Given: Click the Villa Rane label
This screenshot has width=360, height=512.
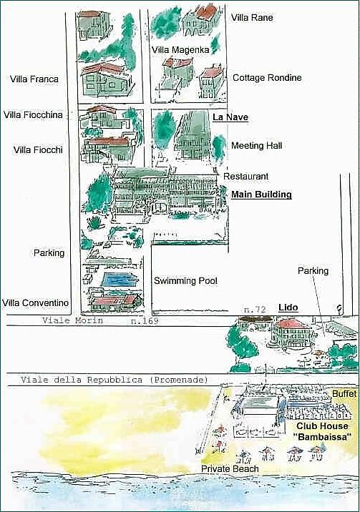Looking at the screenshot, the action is tap(252, 17).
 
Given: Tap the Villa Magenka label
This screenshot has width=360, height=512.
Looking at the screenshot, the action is tap(180, 49).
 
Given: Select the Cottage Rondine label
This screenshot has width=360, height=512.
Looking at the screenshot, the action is tap(267, 78).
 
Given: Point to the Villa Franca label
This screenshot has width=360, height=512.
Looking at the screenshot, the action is tap(34, 79).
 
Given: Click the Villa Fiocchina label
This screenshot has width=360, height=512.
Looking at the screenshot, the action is tap(33, 115).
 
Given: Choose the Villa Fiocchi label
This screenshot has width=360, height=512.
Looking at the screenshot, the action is tap(38, 150).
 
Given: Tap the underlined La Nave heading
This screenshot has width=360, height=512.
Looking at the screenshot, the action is tap(230, 117).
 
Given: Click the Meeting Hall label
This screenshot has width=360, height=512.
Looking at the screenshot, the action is tap(256, 146).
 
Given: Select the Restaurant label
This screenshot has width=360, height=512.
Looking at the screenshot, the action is tap(245, 177).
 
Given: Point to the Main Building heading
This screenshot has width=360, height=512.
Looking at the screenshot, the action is tap(261, 195).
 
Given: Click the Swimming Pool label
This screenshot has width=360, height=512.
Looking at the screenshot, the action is tap(185, 281).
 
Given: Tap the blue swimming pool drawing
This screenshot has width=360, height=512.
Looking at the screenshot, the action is tap(120, 280).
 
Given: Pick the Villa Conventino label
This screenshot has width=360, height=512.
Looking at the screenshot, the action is tap(35, 303).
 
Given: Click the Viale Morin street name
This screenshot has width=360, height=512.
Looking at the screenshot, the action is tap(72, 320).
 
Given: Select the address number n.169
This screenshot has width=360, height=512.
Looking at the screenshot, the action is tap(145, 320).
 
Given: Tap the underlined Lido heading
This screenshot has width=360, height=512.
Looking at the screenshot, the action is tap(288, 307).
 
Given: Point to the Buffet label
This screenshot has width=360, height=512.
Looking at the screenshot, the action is tap(344, 394).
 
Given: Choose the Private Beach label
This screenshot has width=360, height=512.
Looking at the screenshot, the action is tap(230, 469).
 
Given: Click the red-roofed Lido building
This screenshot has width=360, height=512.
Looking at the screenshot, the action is tap(291, 333).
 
